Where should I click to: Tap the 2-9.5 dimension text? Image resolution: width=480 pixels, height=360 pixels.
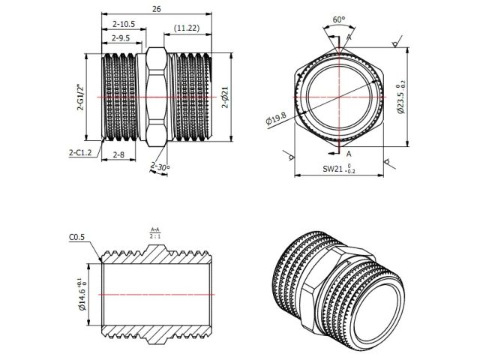coord(120,37)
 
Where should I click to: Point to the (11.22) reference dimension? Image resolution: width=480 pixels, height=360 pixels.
coord(186,28)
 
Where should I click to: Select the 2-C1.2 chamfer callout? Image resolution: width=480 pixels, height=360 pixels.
coord(80,152)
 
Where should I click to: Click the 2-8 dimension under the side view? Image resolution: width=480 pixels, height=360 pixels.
coord(119,154)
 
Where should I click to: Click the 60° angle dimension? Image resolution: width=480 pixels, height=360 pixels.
coord(338,19)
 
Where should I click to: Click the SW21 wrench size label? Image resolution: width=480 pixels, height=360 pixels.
coord(338,169)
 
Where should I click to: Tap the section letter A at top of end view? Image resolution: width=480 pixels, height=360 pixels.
coord(348,37)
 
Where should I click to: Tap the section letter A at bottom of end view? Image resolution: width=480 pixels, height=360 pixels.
coord(349,151)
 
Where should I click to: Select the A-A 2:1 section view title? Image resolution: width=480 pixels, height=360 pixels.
coord(154,232)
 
